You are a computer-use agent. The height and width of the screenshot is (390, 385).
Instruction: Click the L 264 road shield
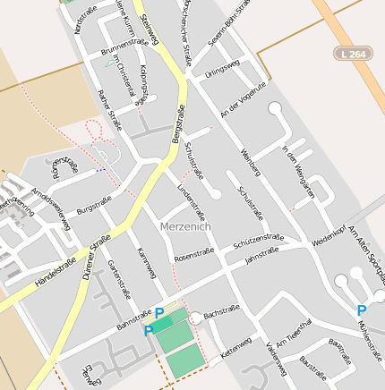352,54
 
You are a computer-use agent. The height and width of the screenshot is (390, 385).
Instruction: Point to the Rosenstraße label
194,256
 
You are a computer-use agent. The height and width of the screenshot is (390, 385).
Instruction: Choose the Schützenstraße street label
258,242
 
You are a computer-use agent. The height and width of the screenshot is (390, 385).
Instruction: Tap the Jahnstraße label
261,257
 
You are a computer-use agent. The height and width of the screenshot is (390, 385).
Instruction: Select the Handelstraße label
55,271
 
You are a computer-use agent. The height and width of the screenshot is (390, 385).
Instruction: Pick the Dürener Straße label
96,258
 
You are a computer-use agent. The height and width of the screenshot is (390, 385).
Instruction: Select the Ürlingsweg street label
222,69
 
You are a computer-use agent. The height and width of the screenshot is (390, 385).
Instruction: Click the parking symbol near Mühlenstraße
361,310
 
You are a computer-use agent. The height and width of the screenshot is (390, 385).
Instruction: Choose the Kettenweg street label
235,345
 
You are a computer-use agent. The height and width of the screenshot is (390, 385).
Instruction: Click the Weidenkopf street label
329,235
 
